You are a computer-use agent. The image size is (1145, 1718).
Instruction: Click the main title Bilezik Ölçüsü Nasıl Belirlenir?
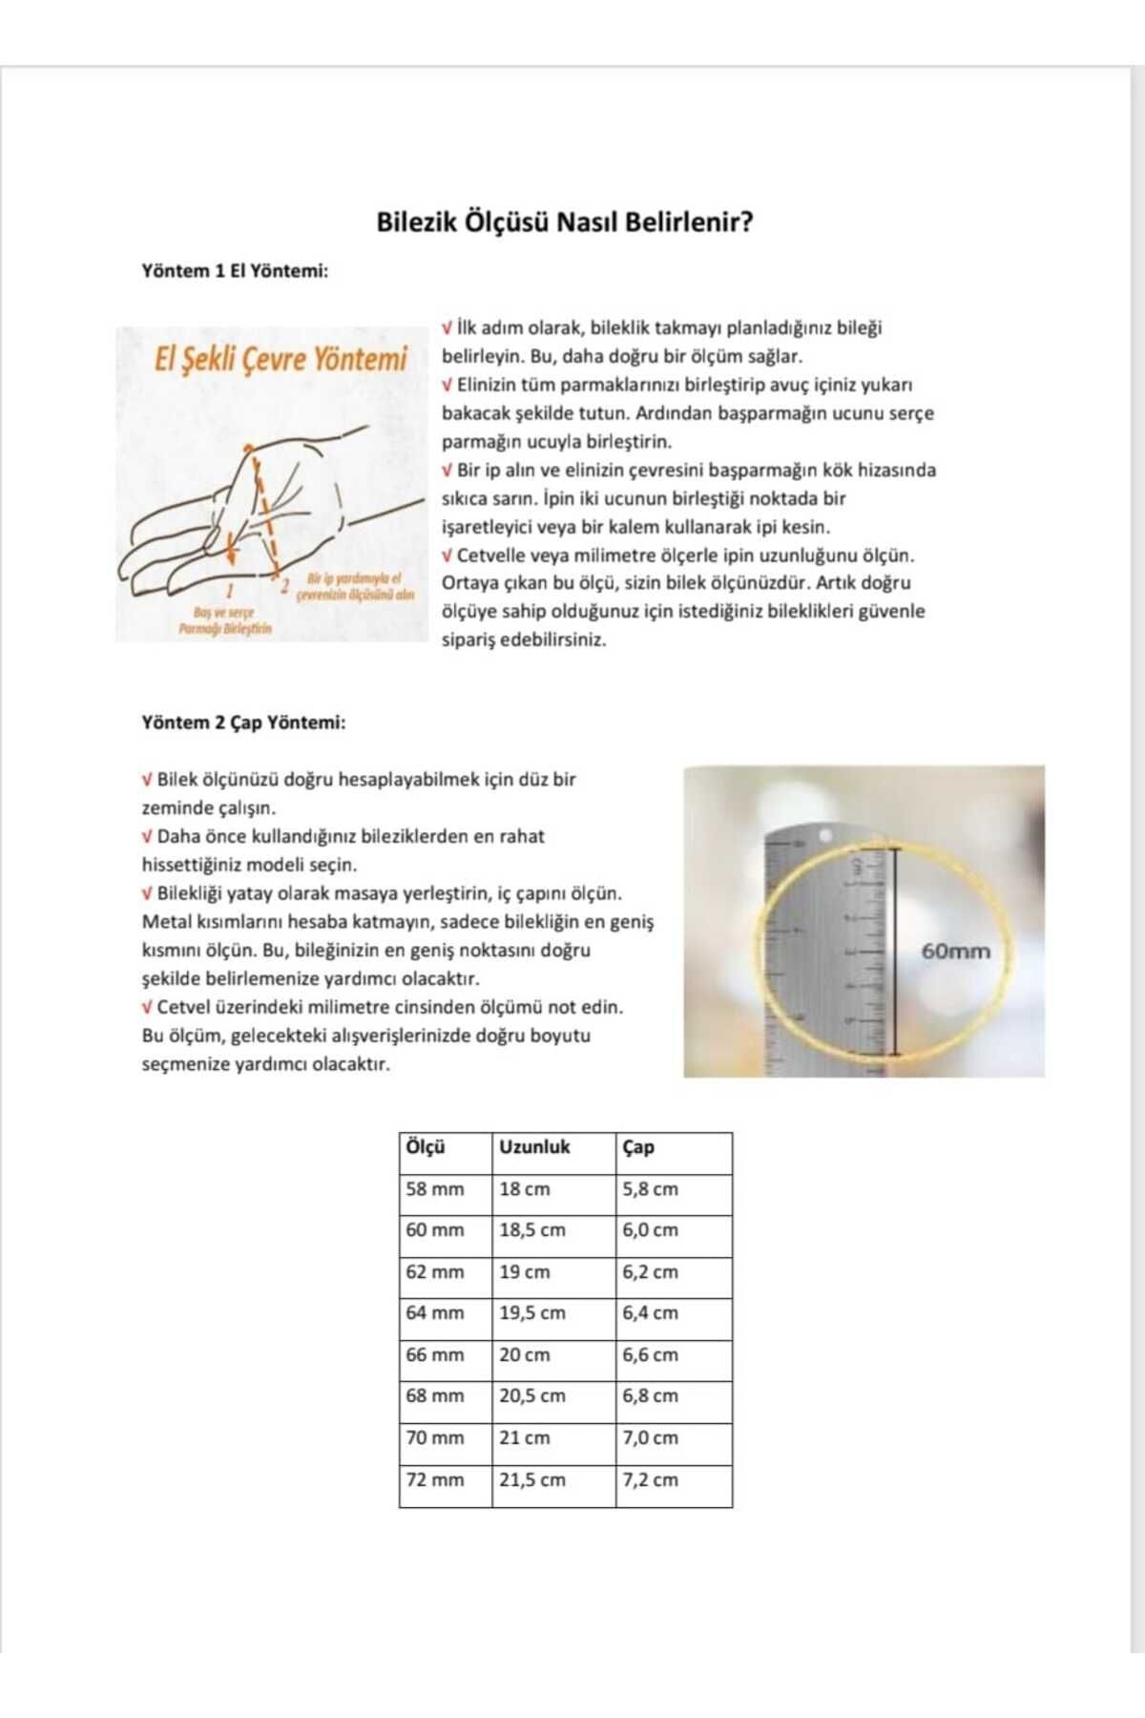pos(565,222)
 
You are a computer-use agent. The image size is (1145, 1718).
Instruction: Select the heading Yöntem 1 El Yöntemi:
pos(235,271)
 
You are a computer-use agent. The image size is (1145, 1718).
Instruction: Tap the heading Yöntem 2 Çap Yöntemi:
pos(243,723)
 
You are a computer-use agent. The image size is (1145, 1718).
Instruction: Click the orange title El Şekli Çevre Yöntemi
pos(281,360)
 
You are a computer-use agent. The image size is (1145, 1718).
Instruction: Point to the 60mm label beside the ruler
pos(955,951)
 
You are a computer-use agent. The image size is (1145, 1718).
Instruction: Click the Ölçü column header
pos(426,1147)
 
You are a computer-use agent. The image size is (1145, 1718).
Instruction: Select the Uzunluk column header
pos(534,1147)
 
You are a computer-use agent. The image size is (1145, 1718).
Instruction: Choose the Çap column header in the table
pos(638,1147)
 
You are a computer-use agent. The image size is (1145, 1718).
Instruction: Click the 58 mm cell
pos(435,1189)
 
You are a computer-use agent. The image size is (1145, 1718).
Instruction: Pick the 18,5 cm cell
pos(531,1230)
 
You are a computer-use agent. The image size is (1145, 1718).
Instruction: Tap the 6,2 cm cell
pos(650,1272)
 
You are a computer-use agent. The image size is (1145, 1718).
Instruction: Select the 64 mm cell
pos(435,1313)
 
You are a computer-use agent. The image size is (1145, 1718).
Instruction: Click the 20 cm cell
pos(524,1355)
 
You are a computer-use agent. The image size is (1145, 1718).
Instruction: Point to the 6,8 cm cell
pos(650,1396)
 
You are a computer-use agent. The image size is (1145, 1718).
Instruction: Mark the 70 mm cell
pos(435,1438)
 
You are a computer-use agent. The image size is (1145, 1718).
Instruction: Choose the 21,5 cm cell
pos(531,1480)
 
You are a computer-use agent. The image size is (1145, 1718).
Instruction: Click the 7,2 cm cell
pos(650,1480)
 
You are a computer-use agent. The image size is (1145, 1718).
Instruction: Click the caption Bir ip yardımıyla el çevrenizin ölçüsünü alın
pos(355,587)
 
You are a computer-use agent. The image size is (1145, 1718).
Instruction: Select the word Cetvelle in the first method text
pos(487,555)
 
